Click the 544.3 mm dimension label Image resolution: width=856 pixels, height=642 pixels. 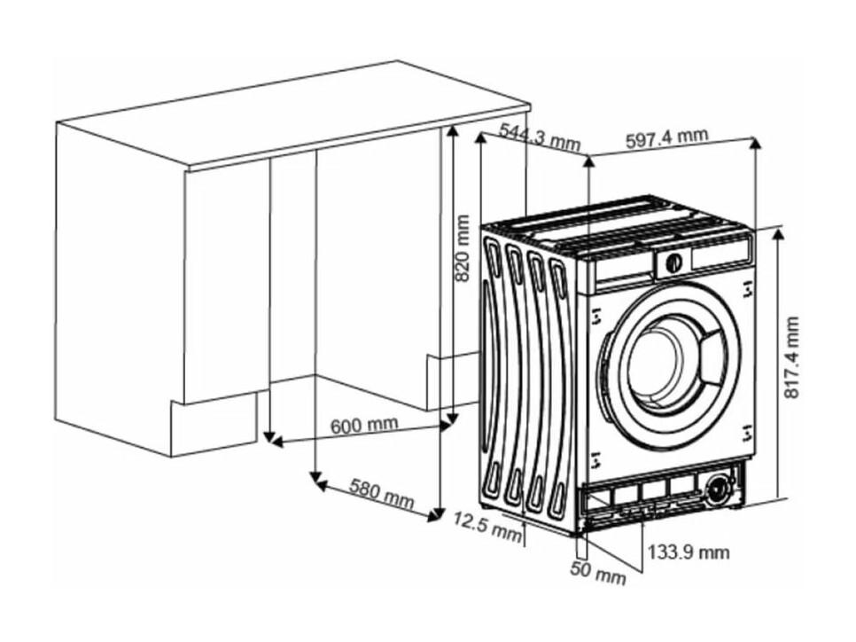click(x=540, y=137)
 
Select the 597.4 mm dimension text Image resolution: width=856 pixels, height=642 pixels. click(x=666, y=137)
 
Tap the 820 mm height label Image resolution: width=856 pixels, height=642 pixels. click(x=463, y=248)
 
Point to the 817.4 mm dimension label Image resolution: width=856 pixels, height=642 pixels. click(x=791, y=357)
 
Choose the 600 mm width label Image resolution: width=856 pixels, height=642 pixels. click(x=365, y=424)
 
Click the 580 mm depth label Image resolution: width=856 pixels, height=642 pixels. click(x=382, y=493)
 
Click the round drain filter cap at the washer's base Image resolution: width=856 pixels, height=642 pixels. click(x=719, y=487)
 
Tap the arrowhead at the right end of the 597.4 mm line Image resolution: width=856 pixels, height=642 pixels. click(x=755, y=143)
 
